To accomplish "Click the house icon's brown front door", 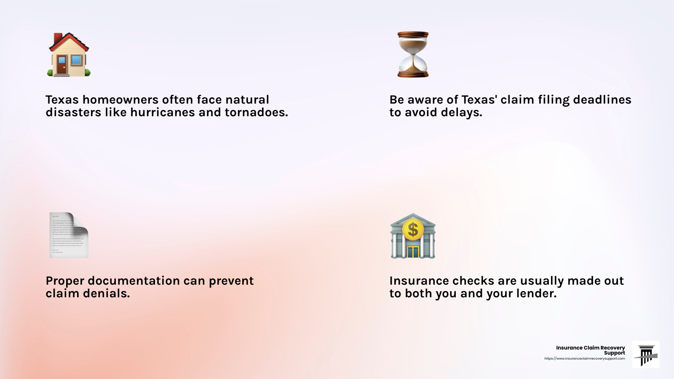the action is coord(62,65).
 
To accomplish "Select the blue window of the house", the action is coord(76,60).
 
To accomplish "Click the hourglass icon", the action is coord(413,54).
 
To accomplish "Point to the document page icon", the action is coord(69,235).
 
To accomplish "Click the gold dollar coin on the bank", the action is coord(413,230).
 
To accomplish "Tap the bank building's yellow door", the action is coord(413,252).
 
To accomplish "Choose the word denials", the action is coord(107,293).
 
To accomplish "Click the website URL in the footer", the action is coord(585,358).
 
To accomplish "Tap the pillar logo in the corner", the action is coord(646,355).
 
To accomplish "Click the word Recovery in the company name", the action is coord(614,348).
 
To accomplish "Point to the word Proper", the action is coord(65,281).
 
